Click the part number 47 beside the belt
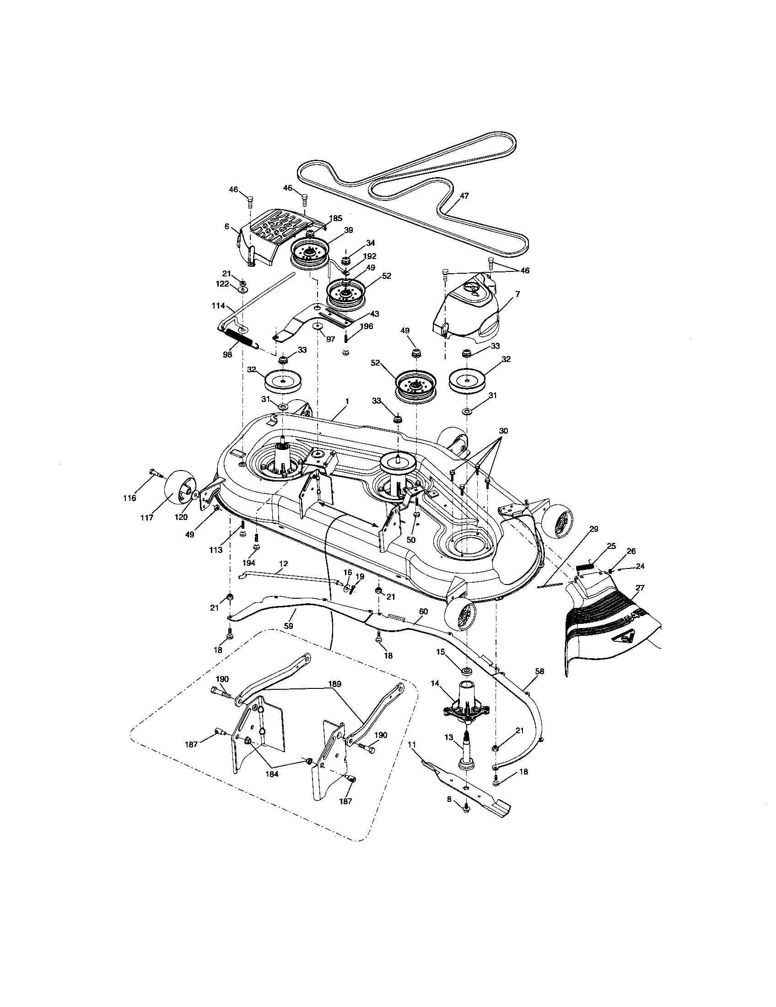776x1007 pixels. coord(464,195)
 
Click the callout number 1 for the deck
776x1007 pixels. coord(346,401)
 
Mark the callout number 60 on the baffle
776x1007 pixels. coord(423,612)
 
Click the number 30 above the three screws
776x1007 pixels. coord(503,431)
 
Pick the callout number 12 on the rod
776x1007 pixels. coord(284,564)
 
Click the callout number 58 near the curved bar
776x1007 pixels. coord(539,672)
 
